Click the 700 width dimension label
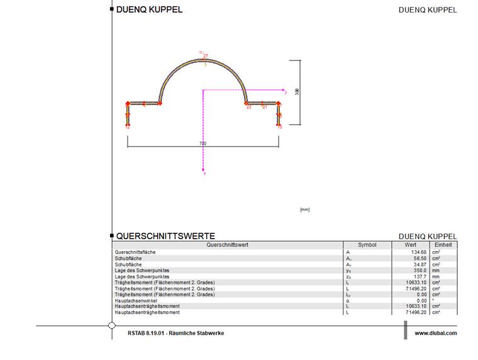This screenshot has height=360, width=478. [x=203, y=143]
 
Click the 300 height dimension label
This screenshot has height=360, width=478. [x=297, y=91]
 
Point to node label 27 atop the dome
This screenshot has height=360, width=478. [x=206, y=56]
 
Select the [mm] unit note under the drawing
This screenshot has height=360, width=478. [x=305, y=210]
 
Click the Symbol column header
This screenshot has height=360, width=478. [x=367, y=245]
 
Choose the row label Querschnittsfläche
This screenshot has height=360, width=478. [x=133, y=252]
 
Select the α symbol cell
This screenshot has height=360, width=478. [x=348, y=300]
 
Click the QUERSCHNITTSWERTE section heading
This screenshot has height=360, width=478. [x=165, y=236]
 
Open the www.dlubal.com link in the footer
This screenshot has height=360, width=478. [x=436, y=333]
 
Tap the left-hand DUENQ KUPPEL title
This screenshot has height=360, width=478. [x=149, y=9]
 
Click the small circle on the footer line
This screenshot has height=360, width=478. [x=112, y=325]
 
